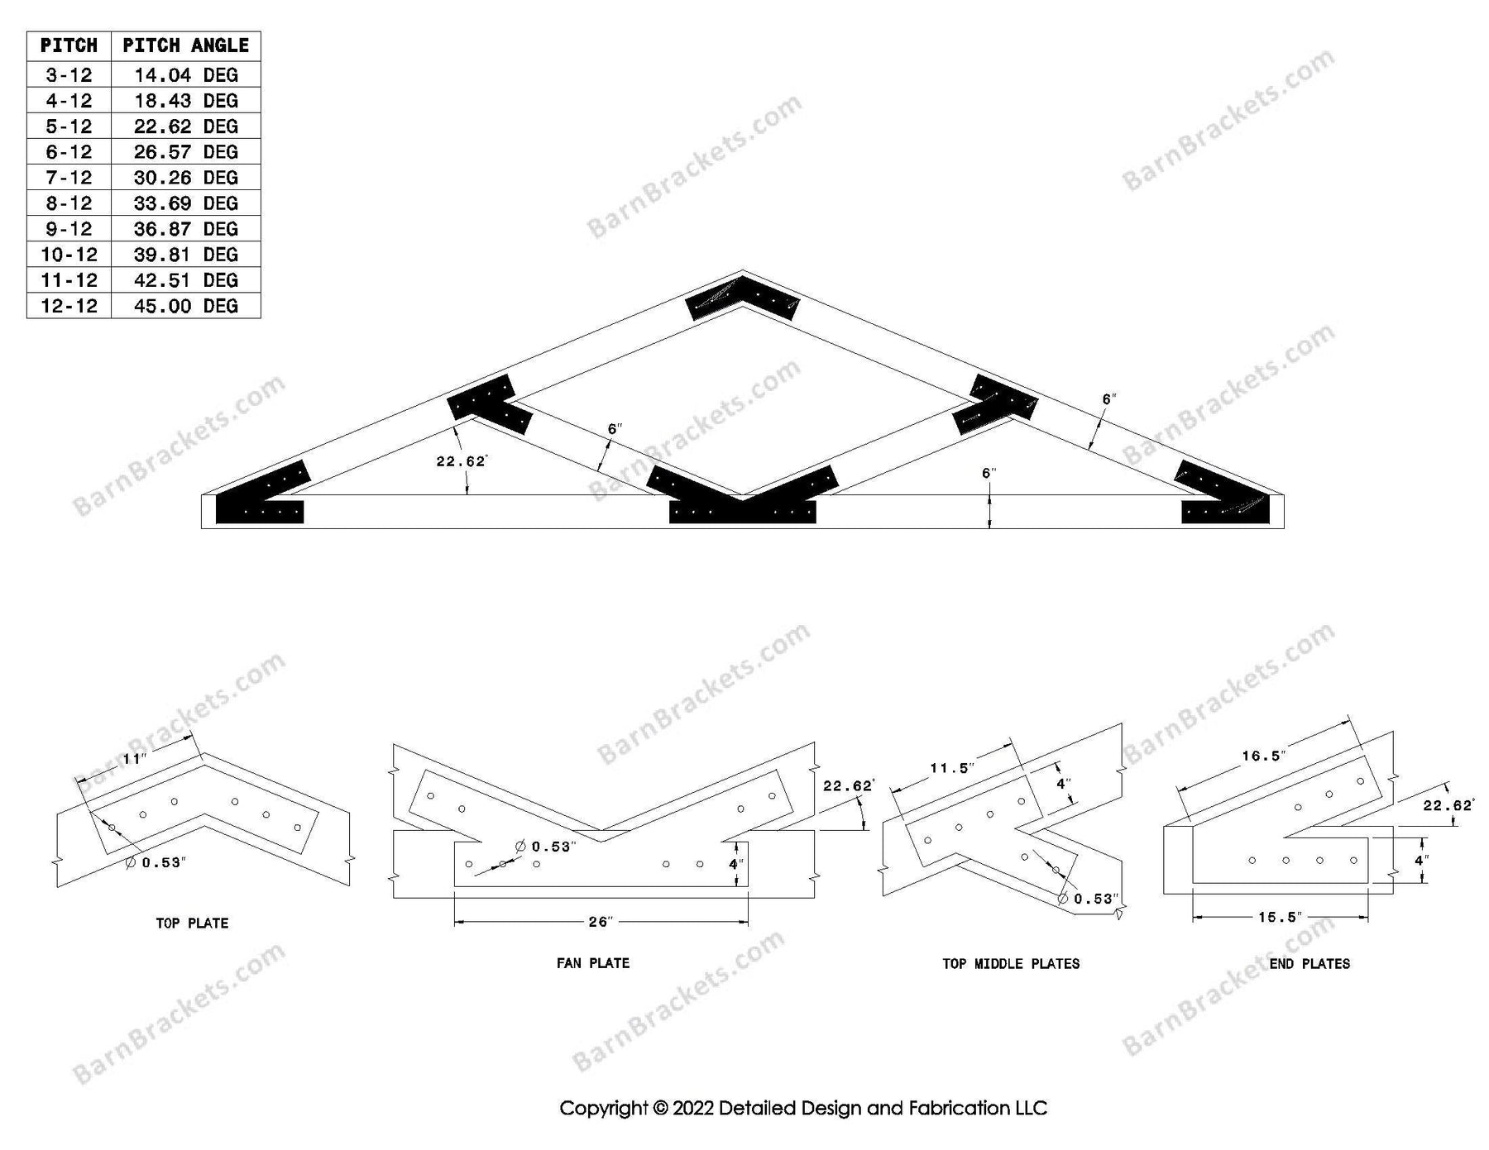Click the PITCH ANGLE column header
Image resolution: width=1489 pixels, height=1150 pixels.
pyautogui.click(x=185, y=45)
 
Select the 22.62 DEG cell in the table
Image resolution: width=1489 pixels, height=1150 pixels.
pyautogui.click(x=185, y=126)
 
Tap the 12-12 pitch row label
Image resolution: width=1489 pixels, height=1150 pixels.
pyautogui.click(x=69, y=306)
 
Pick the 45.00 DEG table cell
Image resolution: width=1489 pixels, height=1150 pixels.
pyautogui.click(x=185, y=306)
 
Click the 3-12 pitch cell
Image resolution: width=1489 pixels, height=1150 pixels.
pyautogui.click(x=69, y=75)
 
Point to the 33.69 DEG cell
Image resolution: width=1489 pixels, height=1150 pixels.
pyautogui.click(x=185, y=203)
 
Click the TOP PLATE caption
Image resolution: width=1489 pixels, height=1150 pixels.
pyautogui.click(x=192, y=923)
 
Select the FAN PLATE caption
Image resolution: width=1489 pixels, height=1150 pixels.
pyautogui.click(x=593, y=962)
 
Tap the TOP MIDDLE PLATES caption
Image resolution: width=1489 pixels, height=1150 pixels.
pyautogui.click(x=1011, y=963)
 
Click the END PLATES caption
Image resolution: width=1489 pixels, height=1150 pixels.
pyautogui.click(x=1309, y=963)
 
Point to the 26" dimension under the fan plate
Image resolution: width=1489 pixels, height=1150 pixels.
pyautogui.click(x=600, y=922)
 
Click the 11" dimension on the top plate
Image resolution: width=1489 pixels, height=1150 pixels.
pyautogui.click(x=133, y=759)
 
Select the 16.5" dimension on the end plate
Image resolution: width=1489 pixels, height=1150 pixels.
pyautogui.click(x=1262, y=756)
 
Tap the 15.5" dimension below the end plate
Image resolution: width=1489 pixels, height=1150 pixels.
pyautogui.click(x=1279, y=917)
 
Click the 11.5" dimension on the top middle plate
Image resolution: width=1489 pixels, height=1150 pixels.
pyautogui.click(x=951, y=769)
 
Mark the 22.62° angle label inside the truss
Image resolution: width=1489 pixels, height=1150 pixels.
pyautogui.click(x=461, y=461)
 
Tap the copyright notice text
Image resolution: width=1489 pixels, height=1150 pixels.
pyautogui.click(x=803, y=1108)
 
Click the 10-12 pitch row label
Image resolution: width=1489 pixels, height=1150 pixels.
pyautogui.click(x=69, y=255)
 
